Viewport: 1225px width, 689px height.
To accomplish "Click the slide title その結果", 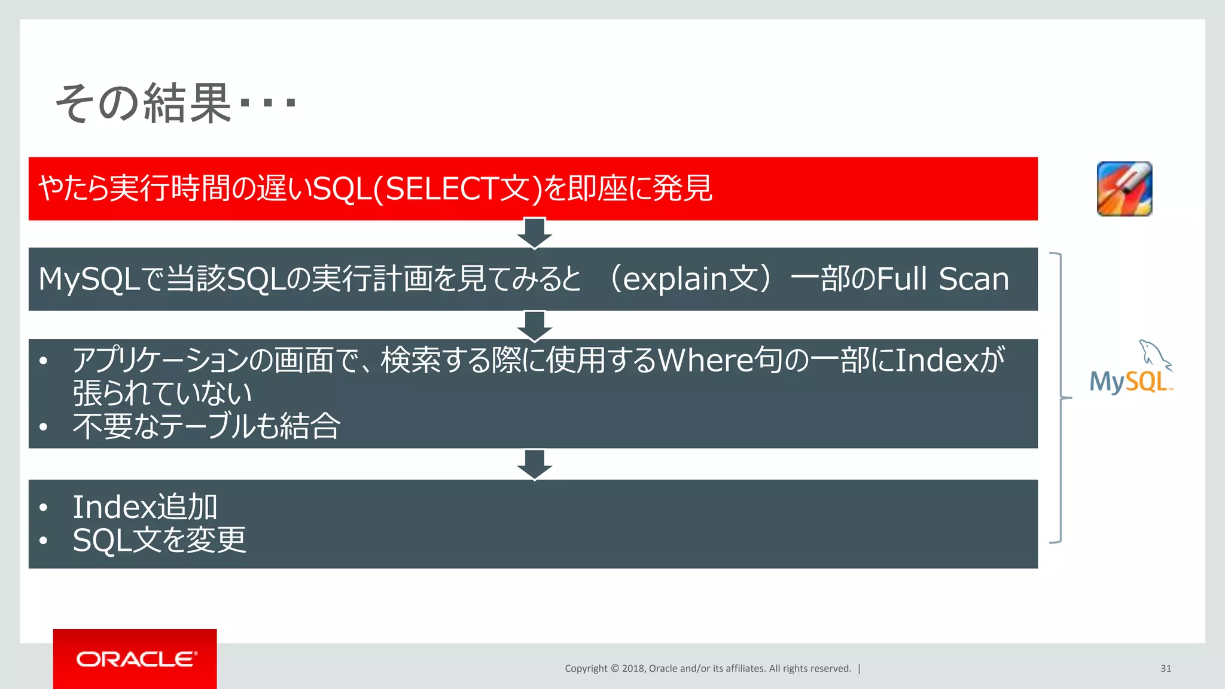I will coord(144,103).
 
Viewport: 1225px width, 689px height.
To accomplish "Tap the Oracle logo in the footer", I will coord(135,659).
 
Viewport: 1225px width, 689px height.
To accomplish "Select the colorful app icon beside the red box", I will coord(1124,189).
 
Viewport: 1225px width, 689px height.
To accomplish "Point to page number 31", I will coord(1165,669).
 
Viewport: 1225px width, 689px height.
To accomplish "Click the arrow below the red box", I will coord(534,233).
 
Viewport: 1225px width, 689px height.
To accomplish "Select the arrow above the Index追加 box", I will coord(534,464).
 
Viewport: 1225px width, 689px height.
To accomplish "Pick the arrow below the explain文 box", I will coord(534,325).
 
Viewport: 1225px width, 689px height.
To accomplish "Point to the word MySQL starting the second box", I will coord(89,279).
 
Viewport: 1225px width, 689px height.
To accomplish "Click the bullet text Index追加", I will coord(145,507).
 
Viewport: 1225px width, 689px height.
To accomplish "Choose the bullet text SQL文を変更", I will coord(159,541).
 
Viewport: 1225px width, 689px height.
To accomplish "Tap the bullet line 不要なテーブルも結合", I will coord(206,426).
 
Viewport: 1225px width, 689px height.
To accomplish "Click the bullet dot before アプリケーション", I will coord(43,361).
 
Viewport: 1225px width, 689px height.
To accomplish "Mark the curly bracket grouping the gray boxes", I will coord(1060,397).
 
